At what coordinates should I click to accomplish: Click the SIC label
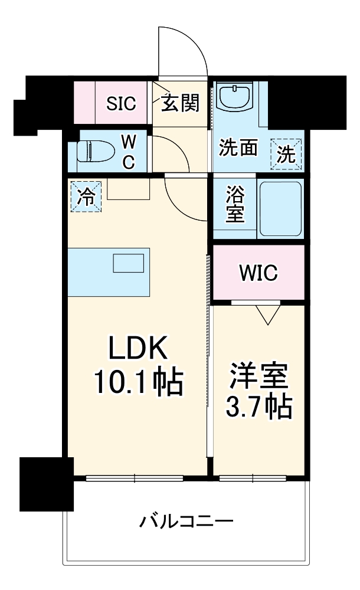pyautogui.click(x=121, y=104)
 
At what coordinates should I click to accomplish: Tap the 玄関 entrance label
pyautogui.click(x=180, y=104)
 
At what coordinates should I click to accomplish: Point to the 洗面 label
pyautogui.click(x=238, y=148)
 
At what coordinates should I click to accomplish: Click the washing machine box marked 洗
pyautogui.click(x=286, y=154)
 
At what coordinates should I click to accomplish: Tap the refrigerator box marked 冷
pyautogui.click(x=86, y=196)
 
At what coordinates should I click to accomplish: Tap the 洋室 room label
pyautogui.click(x=259, y=376)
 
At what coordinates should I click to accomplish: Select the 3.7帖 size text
pyautogui.click(x=259, y=407)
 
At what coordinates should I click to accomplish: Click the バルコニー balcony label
pyautogui.click(x=186, y=522)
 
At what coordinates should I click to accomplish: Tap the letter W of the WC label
pyautogui.click(x=128, y=142)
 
